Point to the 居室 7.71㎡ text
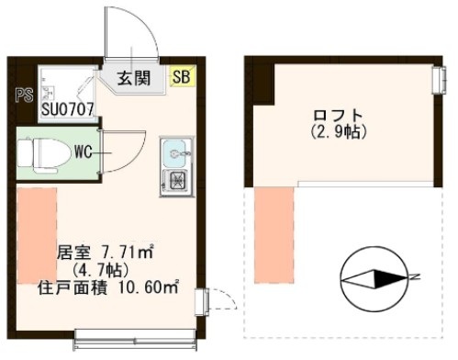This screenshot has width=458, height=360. pyautogui.click(x=104, y=252)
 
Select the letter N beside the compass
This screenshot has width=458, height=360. pyautogui.click(x=415, y=276)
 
